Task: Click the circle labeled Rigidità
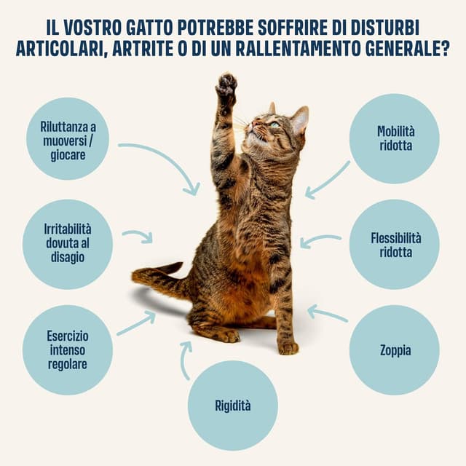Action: (x=232, y=406)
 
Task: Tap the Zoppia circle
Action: (x=395, y=350)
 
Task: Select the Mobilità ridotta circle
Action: (x=395, y=138)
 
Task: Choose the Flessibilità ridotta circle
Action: (x=395, y=245)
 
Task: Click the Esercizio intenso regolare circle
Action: (x=68, y=350)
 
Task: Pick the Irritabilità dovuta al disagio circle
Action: (x=68, y=245)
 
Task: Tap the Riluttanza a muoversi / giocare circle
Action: (x=68, y=138)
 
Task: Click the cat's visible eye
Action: (x=274, y=125)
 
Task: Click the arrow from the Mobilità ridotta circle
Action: (x=327, y=181)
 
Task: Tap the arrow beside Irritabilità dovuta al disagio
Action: (x=138, y=236)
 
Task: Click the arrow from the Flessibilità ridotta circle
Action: (x=320, y=240)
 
